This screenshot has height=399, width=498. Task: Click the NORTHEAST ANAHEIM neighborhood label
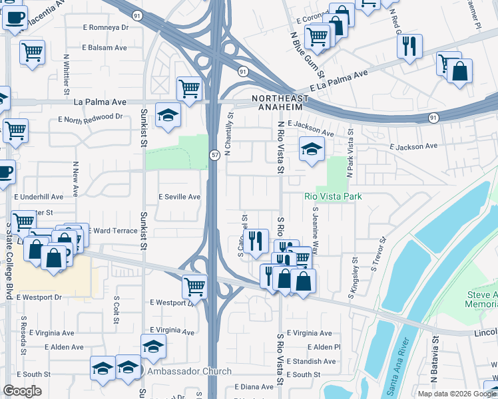click(277, 102)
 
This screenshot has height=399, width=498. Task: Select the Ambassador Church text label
click(190, 371)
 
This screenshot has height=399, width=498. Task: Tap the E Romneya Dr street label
click(105, 27)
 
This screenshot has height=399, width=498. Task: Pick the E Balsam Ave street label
click(105, 48)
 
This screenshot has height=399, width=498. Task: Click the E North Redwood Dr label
click(91, 118)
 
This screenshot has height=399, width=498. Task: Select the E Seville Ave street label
click(179, 197)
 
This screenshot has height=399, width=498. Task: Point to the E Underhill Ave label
click(39, 198)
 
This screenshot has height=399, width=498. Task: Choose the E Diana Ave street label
click(254, 386)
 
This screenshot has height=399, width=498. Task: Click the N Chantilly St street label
click(229, 134)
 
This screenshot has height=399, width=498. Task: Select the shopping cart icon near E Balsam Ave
click(32, 51)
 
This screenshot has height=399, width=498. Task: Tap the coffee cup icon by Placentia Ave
click(15, 18)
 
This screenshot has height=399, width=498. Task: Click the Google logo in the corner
click(22, 391)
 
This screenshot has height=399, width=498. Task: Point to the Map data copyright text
click(457, 394)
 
